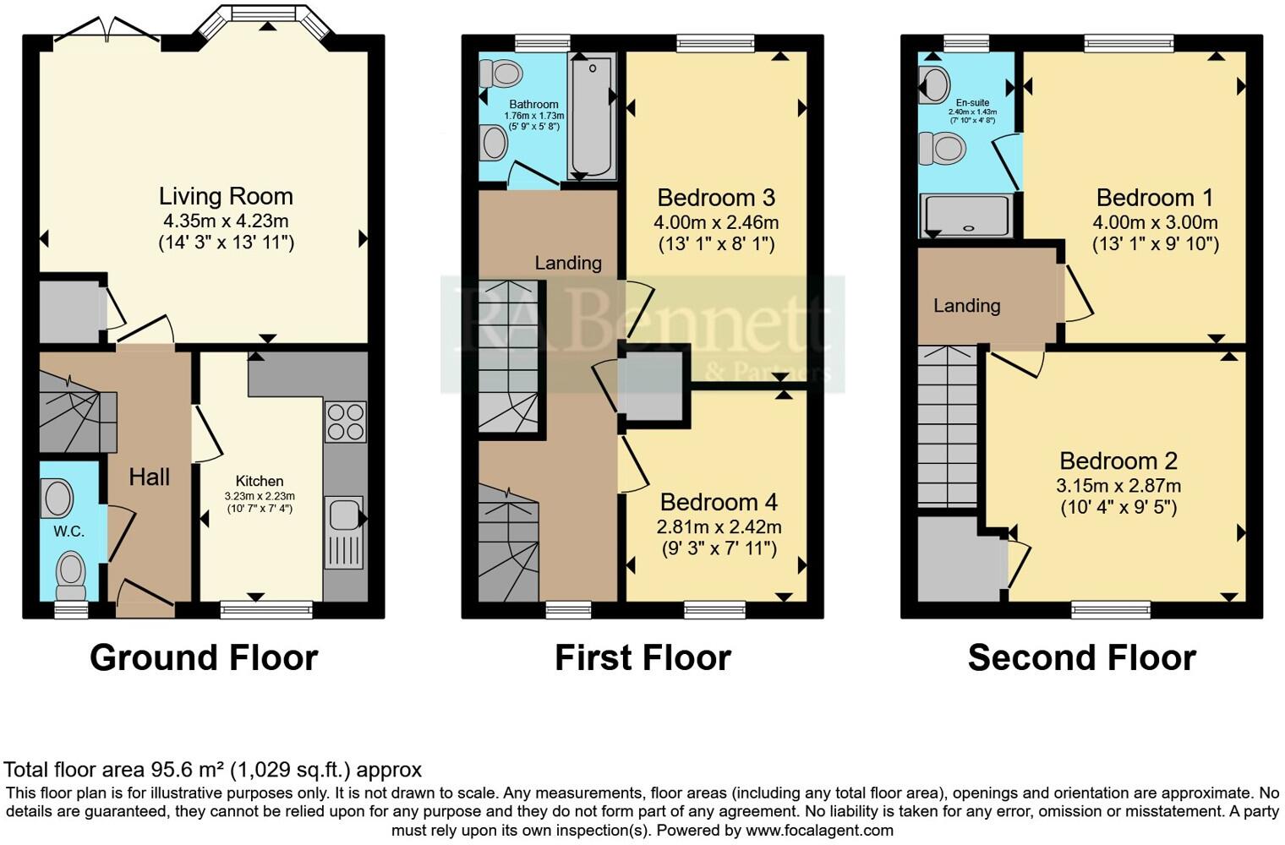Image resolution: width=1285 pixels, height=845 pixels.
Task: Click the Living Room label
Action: (x=226, y=196)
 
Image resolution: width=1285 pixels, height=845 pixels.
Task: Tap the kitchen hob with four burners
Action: (x=345, y=422)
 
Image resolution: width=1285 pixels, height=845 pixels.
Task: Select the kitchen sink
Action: (x=343, y=533)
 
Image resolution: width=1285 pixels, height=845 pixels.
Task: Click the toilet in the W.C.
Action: (x=70, y=574)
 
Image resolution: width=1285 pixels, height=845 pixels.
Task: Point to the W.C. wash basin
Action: (x=57, y=498)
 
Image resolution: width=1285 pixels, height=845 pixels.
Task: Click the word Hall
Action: (x=150, y=477)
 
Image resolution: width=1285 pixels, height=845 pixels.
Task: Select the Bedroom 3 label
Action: (x=715, y=198)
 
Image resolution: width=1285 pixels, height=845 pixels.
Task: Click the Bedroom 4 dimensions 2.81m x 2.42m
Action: (x=719, y=526)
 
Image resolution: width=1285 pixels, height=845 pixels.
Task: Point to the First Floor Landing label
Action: (x=568, y=263)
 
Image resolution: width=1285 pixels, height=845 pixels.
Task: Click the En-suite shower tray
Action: (x=966, y=216)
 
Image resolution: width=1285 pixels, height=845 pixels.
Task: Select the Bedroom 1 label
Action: (x=1154, y=198)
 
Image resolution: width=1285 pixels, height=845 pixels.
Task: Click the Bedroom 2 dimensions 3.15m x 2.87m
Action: (x=1118, y=486)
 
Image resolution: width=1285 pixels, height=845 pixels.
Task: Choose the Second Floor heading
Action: (x=1081, y=657)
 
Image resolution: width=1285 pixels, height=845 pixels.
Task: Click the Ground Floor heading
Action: (x=204, y=657)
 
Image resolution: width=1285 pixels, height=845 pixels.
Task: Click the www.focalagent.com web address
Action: (x=819, y=830)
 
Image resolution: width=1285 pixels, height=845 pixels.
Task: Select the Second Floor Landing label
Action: (x=966, y=306)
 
